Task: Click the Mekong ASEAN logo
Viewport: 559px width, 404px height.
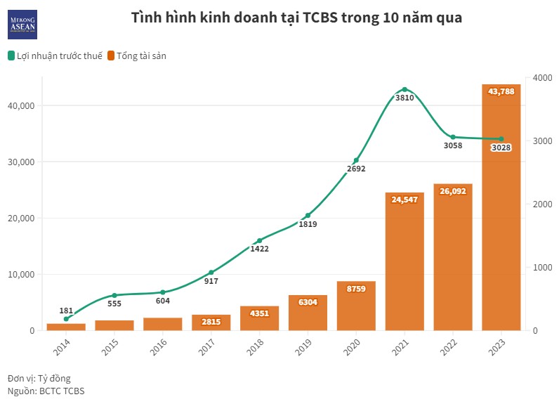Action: tap(22, 25)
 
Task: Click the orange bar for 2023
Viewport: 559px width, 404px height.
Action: tap(501, 211)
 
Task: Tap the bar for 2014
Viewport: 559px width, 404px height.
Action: tap(66, 327)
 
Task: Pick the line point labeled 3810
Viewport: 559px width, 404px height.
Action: tap(405, 89)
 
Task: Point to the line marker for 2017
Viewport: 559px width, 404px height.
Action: tap(211, 273)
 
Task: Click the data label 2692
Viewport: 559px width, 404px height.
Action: tap(356, 169)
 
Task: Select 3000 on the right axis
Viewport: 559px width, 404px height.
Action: tap(541, 141)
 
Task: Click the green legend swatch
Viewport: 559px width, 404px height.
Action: tap(11, 56)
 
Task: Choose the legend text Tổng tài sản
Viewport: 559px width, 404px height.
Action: tap(141, 56)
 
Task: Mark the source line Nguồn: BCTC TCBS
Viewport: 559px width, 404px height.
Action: tap(46, 391)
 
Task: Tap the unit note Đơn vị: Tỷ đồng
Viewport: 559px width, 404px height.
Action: tap(39, 378)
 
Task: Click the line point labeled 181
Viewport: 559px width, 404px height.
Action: tap(66, 319)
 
